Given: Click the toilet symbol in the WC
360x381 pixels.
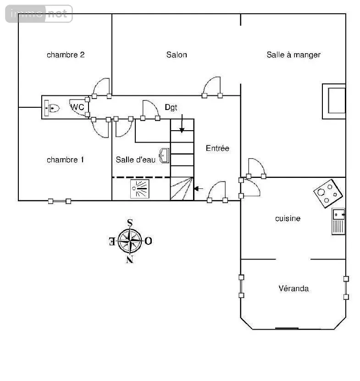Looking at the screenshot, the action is pyautogui.click(x=52, y=108).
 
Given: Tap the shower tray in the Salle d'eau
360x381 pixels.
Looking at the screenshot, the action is pyautogui.click(x=140, y=189).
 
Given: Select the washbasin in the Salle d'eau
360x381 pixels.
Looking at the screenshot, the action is pyautogui.click(x=165, y=155).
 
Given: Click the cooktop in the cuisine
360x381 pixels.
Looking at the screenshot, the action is pyautogui.click(x=328, y=193).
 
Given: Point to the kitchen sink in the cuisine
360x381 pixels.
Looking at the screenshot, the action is pyautogui.click(x=338, y=221).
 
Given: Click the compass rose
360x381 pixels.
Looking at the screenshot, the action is pyautogui.click(x=130, y=241).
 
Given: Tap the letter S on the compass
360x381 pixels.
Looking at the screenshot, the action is pyautogui.click(x=130, y=222).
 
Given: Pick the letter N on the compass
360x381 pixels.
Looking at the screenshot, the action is pyautogui.click(x=130, y=260).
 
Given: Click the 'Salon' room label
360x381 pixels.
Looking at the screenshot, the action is pyautogui.click(x=177, y=55).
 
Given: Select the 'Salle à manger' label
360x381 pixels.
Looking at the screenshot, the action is pyautogui.click(x=294, y=55).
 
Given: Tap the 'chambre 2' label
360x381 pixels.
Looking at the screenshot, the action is pyautogui.click(x=66, y=55).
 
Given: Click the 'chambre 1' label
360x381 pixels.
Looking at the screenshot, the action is pyautogui.click(x=66, y=160).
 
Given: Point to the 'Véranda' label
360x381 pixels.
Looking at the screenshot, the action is pyautogui.click(x=294, y=288).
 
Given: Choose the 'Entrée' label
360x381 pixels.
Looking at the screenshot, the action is pyautogui.click(x=217, y=148).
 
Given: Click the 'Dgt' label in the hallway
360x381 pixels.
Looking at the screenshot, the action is pyautogui.click(x=171, y=107).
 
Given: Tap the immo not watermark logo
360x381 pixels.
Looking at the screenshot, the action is pyautogui.click(x=39, y=14).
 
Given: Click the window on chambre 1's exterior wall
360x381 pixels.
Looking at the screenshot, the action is pyautogui.click(x=60, y=201).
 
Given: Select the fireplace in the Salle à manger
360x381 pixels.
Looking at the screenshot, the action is pyautogui.click(x=334, y=101).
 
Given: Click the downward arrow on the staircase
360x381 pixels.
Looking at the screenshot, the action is pyautogui.click(x=182, y=123).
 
